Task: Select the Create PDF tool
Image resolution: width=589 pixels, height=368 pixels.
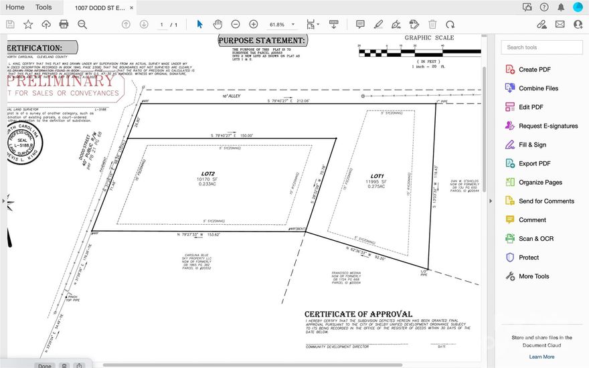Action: pyautogui.click(x=534, y=70)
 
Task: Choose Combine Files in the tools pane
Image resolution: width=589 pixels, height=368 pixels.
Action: pyautogui.click(x=538, y=88)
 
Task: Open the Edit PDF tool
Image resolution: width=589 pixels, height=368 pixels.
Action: pyautogui.click(x=531, y=107)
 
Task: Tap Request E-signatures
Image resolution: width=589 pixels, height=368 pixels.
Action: pyautogui.click(x=548, y=126)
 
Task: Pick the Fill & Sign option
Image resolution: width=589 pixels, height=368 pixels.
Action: pyautogui.click(x=532, y=145)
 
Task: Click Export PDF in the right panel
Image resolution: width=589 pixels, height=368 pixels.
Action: pyautogui.click(x=534, y=163)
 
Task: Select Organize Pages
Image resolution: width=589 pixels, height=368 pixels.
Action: pyautogui.click(x=540, y=182)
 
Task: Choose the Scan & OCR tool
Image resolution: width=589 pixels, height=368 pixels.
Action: pyautogui.click(x=535, y=238)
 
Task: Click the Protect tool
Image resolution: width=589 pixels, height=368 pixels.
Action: pyautogui.click(x=528, y=257)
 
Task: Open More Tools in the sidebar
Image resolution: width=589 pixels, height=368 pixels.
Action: pyautogui.click(x=533, y=276)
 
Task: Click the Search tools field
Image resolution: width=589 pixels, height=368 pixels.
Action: pyautogui.click(x=541, y=48)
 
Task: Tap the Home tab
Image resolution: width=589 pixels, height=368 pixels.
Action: pyautogui.click(x=15, y=7)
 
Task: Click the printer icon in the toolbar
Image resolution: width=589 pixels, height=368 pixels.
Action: pyautogui.click(x=64, y=24)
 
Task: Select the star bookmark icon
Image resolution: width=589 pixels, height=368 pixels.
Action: pyautogui.click(x=28, y=24)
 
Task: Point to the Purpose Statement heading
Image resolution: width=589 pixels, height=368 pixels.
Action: pyautogui.click(x=262, y=41)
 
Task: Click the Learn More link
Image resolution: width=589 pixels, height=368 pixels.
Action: pyautogui.click(x=541, y=357)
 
